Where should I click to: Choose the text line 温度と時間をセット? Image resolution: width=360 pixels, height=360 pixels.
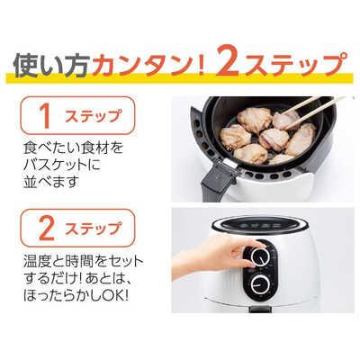click(82, 261)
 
